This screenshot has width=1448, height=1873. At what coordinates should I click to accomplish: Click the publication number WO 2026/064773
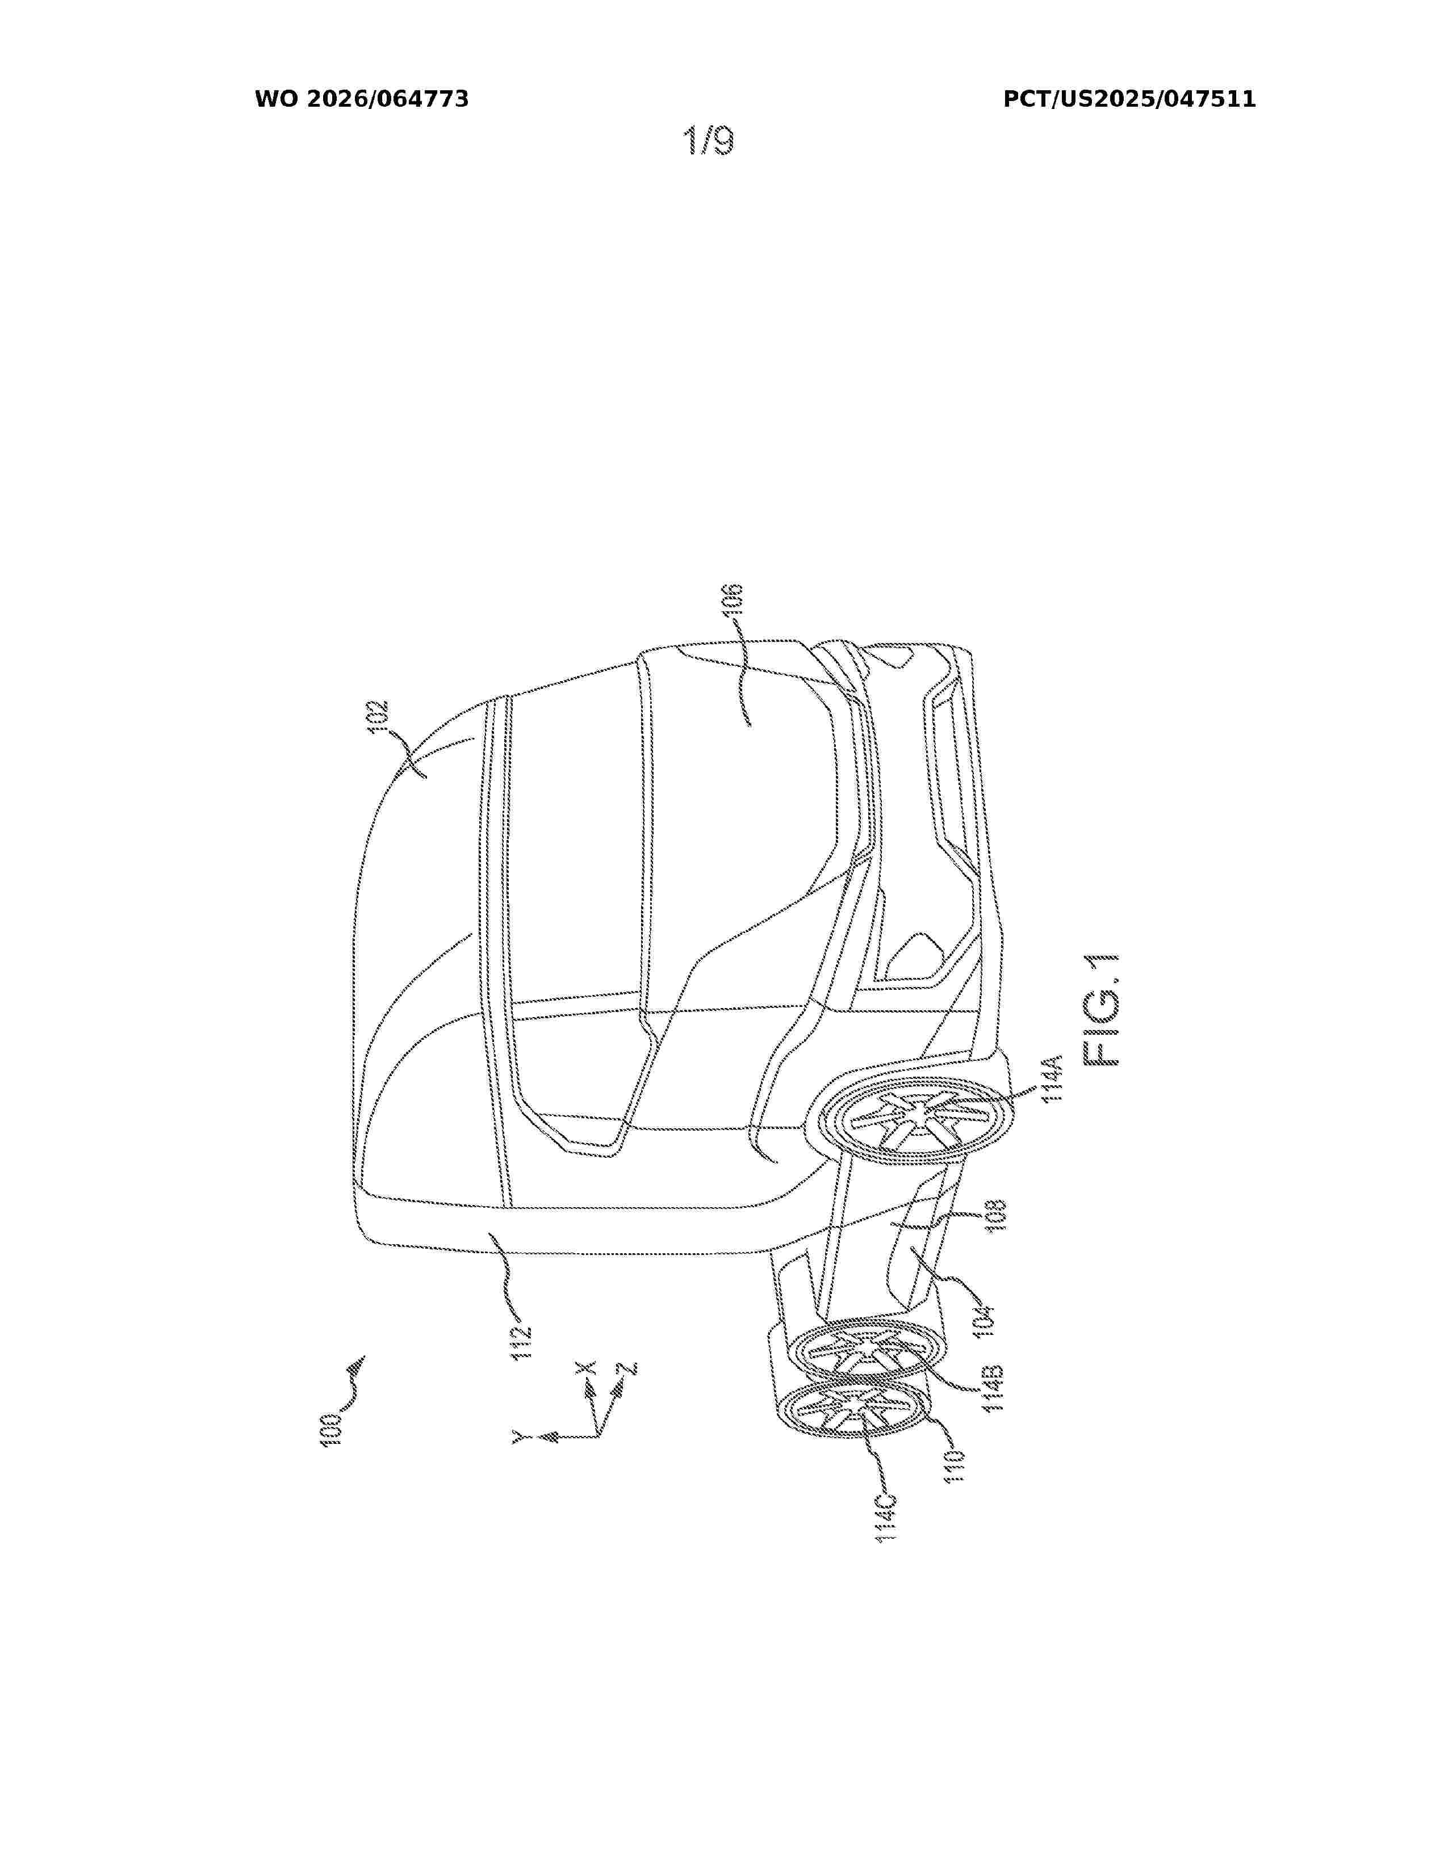[x=361, y=99]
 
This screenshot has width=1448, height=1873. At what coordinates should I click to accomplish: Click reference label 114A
[x=1053, y=1078]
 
